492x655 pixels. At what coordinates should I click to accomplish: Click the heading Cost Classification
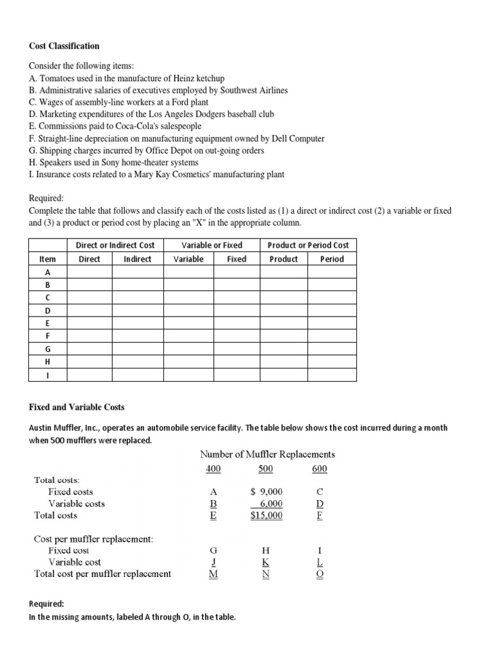pos(65,46)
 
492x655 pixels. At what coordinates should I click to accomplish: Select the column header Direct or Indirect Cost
pos(115,245)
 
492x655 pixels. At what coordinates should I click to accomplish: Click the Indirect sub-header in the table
pos(137,259)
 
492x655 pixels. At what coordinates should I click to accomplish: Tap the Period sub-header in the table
pos(332,259)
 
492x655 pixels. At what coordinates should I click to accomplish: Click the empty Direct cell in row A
pos(89,272)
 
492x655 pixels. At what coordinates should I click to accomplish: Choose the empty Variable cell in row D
pos(188,310)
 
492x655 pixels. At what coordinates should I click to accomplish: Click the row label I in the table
pos(47,375)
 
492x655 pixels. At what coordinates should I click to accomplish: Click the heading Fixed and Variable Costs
pos(77,407)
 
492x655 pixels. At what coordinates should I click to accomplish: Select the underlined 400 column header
pos(213,470)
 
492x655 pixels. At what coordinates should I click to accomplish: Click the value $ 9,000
pos(266,492)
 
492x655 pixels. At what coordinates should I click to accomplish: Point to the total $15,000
pos(266,515)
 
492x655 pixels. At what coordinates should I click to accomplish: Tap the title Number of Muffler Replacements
pos(267,454)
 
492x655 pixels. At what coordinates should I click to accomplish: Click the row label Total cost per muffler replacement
pos(102,574)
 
